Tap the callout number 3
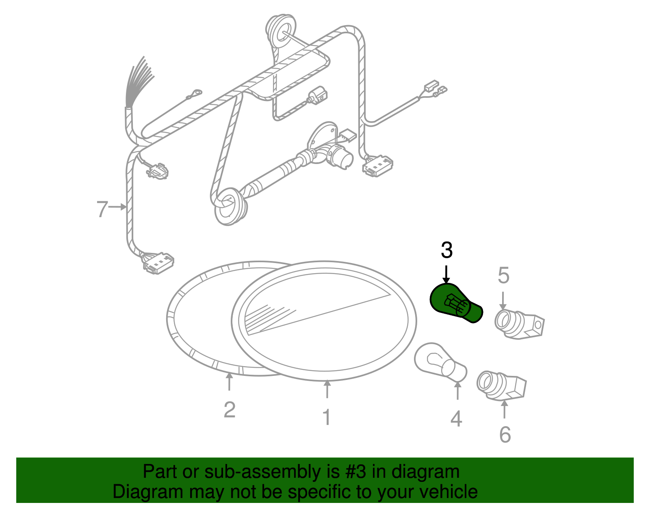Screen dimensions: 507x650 pos(446,250)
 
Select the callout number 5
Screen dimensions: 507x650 pos(503,276)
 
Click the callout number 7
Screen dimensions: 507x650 pos(102,209)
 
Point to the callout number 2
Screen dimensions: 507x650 pos(230,410)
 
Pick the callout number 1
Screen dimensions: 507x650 pos(327,417)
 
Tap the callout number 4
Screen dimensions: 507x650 pos(456,419)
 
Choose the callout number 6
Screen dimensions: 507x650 pos(505,435)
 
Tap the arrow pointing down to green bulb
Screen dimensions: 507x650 pos(446,274)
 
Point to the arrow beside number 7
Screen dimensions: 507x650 pos(119,207)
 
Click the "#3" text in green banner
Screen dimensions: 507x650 pos(356,472)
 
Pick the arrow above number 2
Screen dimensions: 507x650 pos(230,382)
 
